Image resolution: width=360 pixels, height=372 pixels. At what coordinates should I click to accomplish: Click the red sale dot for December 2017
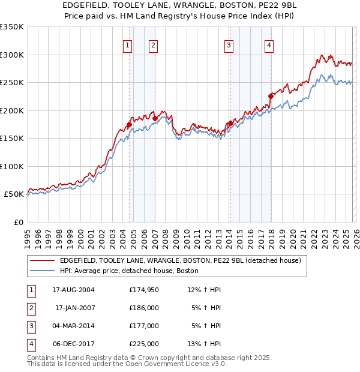point(271,96)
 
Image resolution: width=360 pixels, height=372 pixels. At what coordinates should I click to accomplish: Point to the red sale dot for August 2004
point(129,124)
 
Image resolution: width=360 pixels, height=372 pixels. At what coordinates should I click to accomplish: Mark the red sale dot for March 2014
point(230,123)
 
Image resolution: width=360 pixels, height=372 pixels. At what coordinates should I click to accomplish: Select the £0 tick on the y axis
point(18,222)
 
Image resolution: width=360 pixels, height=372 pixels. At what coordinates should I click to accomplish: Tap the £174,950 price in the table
point(144,290)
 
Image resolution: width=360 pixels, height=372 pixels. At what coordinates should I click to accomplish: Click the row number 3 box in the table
point(30,326)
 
